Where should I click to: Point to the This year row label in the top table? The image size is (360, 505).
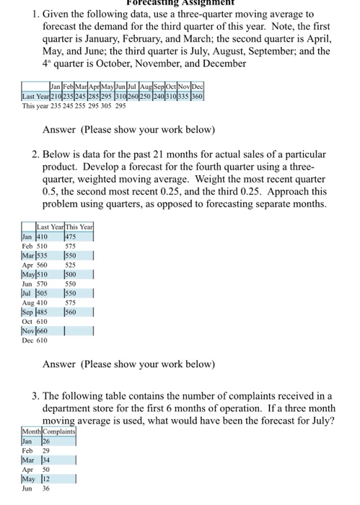pos(36,105)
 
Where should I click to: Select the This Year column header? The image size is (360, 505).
pos(79,227)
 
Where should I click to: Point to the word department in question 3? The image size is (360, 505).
pos(76,409)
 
